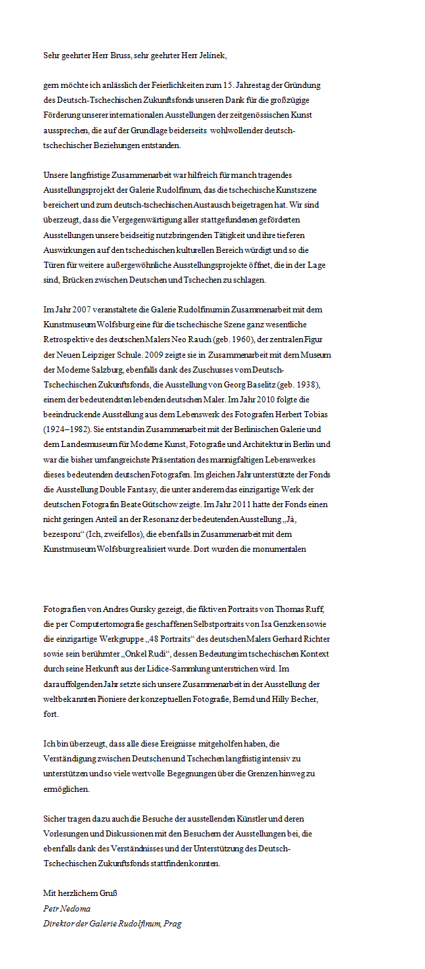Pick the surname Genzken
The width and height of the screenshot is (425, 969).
click(260, 623)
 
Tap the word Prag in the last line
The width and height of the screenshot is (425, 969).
click(173, 923)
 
